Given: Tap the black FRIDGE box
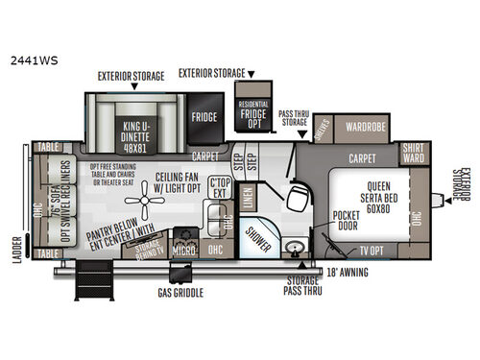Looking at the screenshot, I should click(x=204, y=116).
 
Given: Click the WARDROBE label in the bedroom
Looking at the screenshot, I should click(x=367, y=125).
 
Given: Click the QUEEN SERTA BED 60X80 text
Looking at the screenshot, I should click(x=380, y=199).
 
